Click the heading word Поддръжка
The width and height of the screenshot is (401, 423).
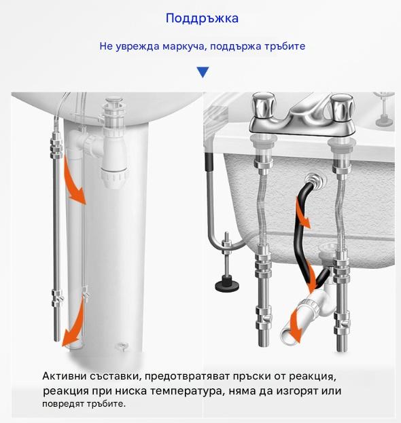[x=202, y=18]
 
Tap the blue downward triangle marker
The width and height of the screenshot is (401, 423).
[x=203, y=72]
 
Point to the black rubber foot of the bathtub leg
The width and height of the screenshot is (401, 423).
[x=227, y=285]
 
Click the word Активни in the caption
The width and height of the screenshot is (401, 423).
[x=64, y=375]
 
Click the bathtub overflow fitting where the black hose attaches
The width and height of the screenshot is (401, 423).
[x=314, y=179]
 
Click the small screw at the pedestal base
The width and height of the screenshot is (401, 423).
[x=122, y=346]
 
